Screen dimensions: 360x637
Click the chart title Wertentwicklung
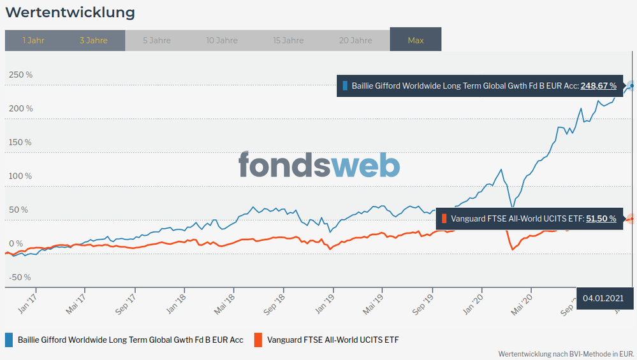tap(70, 13)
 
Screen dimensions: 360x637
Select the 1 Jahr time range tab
tap(33, 40)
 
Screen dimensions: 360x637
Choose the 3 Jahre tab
tap(94, 40)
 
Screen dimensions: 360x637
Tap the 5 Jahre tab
tap(157, 40)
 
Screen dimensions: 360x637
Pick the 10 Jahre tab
tap(222, 40)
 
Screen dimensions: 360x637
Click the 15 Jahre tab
tap(288, 40)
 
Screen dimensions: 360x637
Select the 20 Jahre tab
tap(355, 40)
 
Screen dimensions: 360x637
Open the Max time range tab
tap(416, 40)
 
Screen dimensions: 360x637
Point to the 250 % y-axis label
tap(20, 75)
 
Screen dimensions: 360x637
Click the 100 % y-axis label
tap(20, 176)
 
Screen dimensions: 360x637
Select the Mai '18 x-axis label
tap(225, 302)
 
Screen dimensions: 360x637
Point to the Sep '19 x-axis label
tap(423, 303)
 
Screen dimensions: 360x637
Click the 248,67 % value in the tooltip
tap(598, 85)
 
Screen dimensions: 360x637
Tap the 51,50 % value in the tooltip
tap(601, 219)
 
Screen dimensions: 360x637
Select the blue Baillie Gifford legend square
tap(9, 340)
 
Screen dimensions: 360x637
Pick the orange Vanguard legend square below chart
tap(258, 340)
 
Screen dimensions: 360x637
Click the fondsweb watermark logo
tap(319, 164)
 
